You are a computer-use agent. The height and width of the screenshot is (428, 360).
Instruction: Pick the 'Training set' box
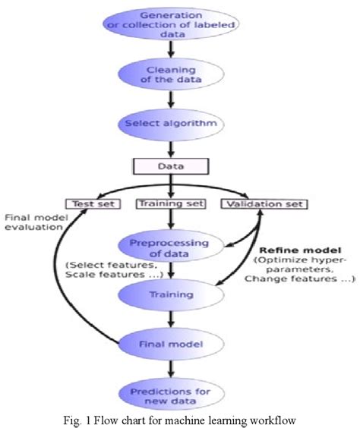[171, 203]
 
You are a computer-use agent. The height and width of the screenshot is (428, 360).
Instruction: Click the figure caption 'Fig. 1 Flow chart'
[179, 418]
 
